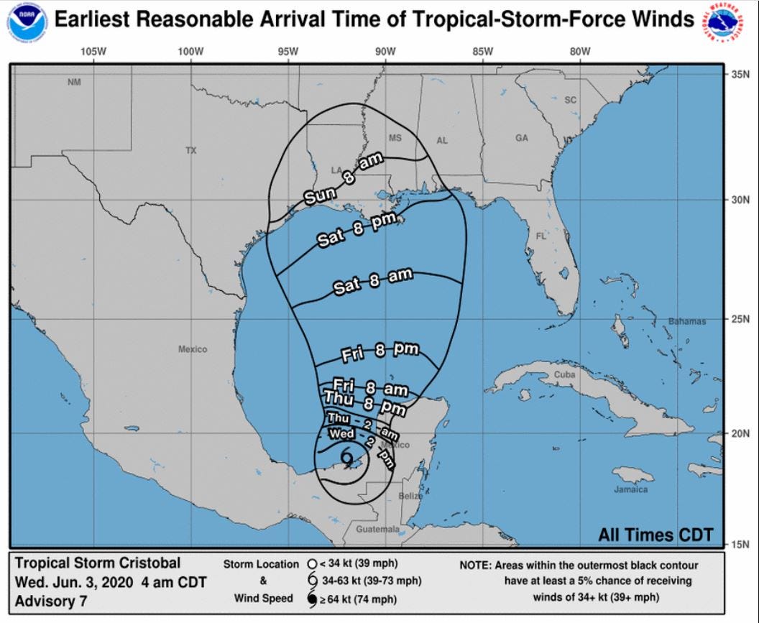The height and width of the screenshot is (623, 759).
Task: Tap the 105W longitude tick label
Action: (93, 51)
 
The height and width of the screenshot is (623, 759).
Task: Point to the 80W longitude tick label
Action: (579, 51)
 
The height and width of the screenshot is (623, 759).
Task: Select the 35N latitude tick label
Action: (740, 74)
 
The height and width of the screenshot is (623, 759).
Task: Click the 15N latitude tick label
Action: (740, 544)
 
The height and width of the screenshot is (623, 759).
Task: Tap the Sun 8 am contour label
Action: (343, 180)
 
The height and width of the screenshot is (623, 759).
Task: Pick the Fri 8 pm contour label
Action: (380, 351)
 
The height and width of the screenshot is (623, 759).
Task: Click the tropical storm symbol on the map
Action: (347, 456)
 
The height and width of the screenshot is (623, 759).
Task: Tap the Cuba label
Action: (564, 375)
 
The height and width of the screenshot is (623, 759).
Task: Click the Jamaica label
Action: (630, 489)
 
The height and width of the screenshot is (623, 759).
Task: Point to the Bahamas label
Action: (687, 320)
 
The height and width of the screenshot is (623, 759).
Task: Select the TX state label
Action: (190, 150)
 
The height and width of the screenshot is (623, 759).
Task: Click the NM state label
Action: (74, 82)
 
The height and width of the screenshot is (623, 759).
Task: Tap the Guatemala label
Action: (377, 529)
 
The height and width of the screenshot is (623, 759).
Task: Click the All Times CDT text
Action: (655, 535)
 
